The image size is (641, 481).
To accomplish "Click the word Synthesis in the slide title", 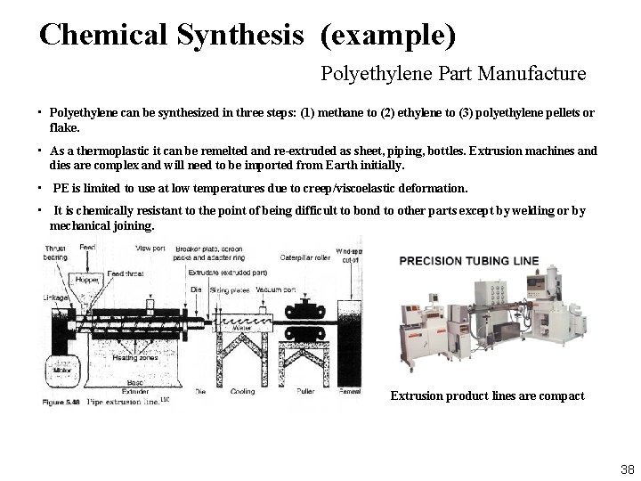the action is pos(240,35).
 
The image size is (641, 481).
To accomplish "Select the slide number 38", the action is pos(627,469).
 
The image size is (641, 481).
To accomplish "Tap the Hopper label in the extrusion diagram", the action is pos(88,280).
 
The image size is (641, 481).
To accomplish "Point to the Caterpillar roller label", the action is pos(306,257).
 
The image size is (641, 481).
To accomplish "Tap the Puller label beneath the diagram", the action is pos(304,391).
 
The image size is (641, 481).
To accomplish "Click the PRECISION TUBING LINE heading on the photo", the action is pos(469,261).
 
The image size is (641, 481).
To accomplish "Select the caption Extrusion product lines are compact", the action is pos(487,395).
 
